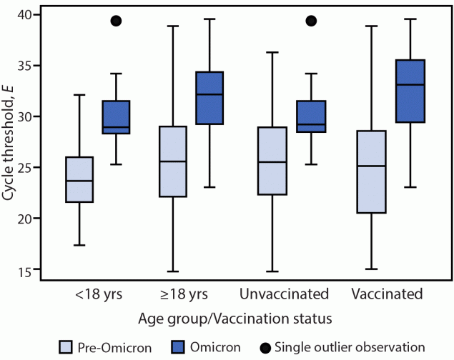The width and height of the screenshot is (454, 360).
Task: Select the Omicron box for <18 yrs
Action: pos(115,117)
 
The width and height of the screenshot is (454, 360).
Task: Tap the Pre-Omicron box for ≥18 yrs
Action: pos(173,161)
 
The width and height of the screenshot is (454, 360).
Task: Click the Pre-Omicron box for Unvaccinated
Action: pos(271,161)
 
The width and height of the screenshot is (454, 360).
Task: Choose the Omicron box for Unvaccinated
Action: pos(311,116)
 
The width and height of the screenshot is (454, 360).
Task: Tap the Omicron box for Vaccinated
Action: pos(409,91)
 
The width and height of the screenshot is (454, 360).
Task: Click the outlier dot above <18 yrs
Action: pos(115,21)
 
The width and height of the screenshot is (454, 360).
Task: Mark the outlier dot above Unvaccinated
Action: pos(311,21)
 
